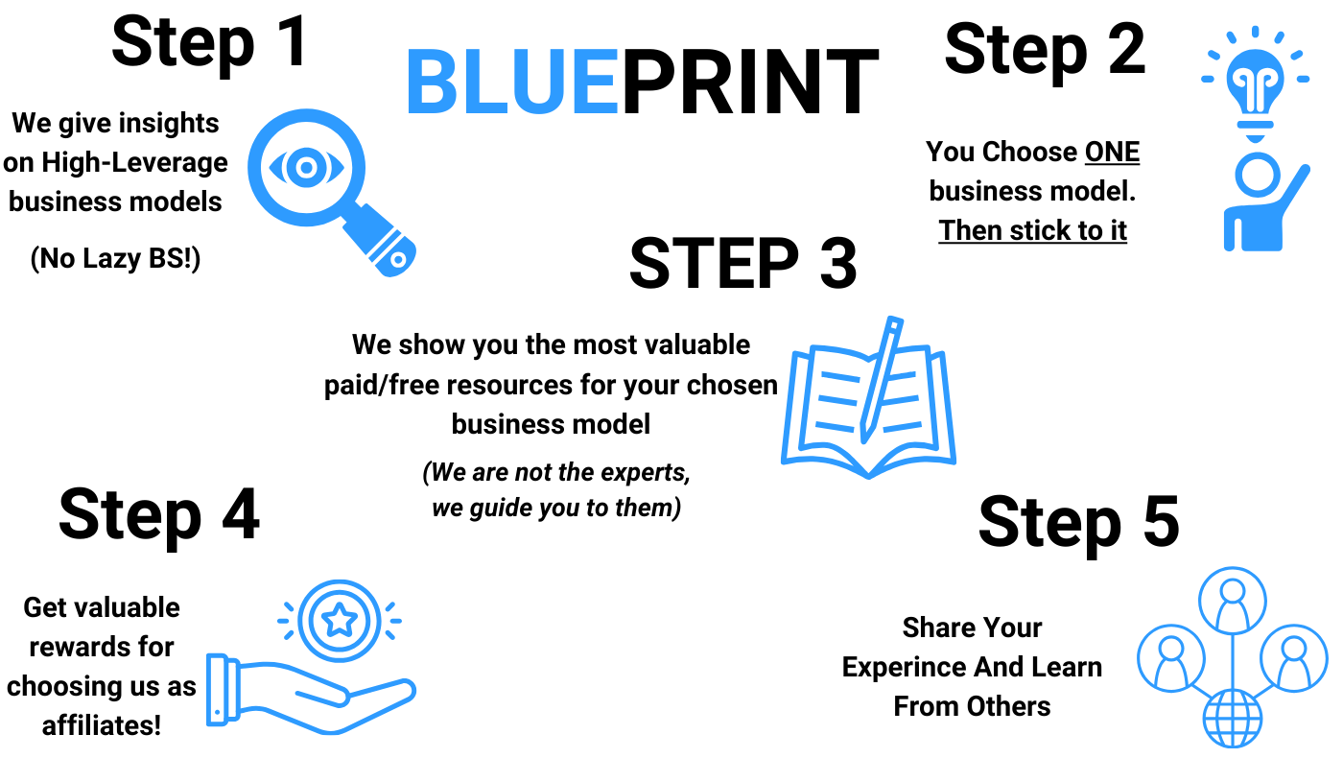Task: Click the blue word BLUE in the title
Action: (513, 81)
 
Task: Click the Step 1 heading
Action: (209, 43)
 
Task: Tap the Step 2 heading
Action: (1045, 51)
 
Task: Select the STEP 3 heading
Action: (742, 263)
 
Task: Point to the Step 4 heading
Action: (159, 516)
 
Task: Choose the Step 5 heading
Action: (1079, 523)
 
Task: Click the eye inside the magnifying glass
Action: (306, 167)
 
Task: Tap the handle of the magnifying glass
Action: (380, 241)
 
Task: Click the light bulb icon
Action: (1255, 84)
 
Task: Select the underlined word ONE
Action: (1112, 152)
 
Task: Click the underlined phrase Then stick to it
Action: (1032, 231)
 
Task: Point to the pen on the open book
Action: (881, 380)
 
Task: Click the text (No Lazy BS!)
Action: (115, 258)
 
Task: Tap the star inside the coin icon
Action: (340, 620)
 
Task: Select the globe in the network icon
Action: (1233, 719)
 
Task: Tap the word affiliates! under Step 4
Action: (102, 725)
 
